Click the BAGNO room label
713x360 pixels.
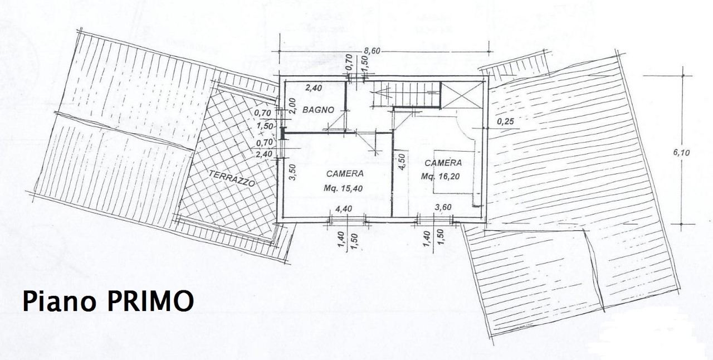[318, 110]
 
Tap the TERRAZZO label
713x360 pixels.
[232, 178]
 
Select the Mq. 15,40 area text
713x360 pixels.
[343, 188]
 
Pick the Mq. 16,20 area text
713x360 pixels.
[440, 177]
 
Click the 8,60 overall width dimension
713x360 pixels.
[372, 51]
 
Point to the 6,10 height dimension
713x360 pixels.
[681, 153]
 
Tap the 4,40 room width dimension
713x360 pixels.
[344, 208]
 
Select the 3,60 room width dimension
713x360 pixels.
[443, 207]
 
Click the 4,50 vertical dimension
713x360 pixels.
[402, 162]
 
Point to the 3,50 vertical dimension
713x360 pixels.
[293, 172]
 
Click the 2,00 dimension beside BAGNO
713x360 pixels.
[293, 106]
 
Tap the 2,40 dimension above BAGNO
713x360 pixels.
[314, 87]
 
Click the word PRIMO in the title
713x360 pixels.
[150, 301]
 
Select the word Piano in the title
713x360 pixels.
[59, 301]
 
